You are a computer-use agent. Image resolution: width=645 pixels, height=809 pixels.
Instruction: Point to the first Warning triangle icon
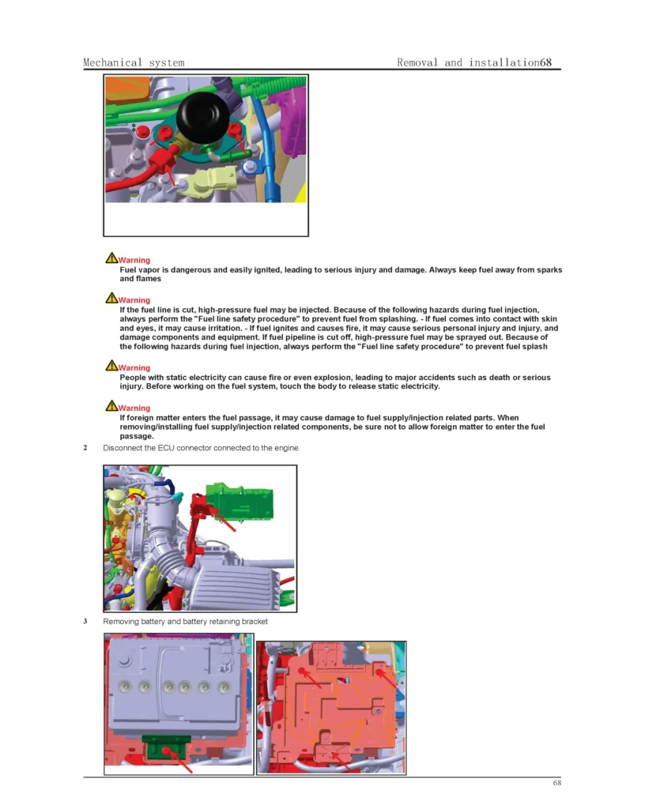[x=111, y=259]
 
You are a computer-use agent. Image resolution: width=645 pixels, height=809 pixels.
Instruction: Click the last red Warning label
[x=134, y=408]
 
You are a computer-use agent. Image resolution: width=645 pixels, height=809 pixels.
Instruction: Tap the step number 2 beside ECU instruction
[x=85, y=448]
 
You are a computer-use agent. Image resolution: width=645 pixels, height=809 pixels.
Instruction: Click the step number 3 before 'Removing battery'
[x=85, y=622]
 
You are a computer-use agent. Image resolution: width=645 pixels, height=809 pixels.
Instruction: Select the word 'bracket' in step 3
[x=253, y=622]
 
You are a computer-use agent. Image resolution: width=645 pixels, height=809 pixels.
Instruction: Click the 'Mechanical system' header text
[x=134, y=62]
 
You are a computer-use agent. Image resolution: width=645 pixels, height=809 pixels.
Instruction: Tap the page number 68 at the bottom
[x=556, y=783]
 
